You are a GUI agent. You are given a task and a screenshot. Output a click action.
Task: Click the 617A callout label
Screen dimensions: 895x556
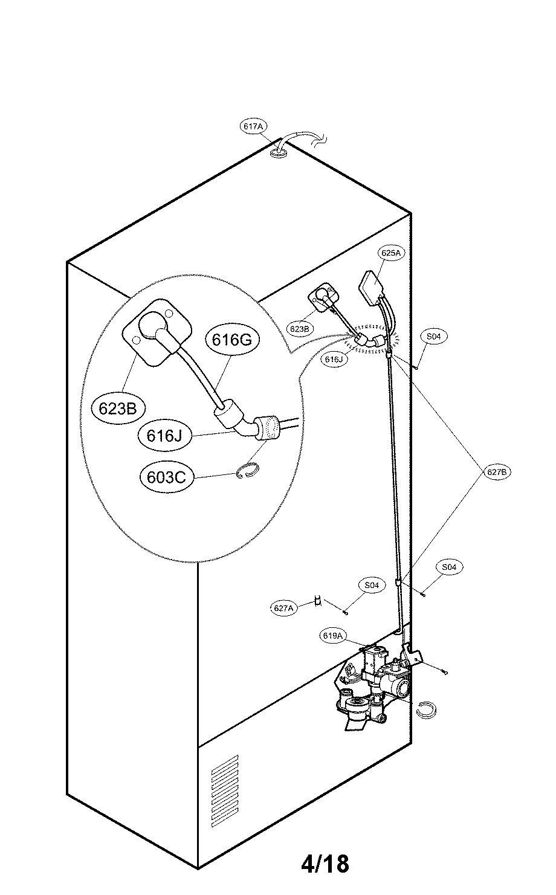point(253,127)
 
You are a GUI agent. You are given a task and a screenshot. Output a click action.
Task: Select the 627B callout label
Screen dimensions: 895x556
point(499,473)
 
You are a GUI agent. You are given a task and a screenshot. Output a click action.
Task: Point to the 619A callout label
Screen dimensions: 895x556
point(333,636)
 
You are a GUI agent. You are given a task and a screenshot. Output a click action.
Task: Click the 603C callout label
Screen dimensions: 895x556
point(166,477)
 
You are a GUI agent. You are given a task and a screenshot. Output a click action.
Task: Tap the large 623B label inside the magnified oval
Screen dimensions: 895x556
point(118,409)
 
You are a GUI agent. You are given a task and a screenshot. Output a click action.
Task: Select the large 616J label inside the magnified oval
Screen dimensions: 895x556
point(164,435)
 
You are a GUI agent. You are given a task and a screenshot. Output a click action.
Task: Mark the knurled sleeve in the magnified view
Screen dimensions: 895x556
point(267,427)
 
